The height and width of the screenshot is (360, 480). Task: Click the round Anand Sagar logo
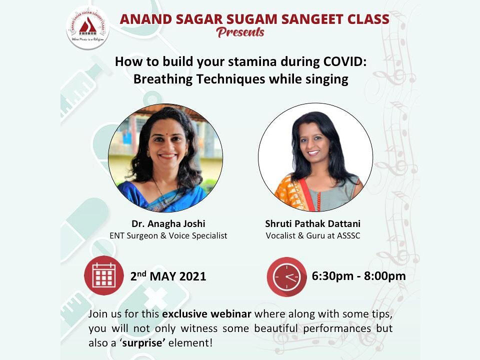click(x=88, y=28)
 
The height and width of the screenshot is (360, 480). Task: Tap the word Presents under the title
click(x=240, y=32)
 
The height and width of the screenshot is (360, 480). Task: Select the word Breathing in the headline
click(x=163, y=79)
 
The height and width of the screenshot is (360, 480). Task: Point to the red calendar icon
click(x=104, y=275)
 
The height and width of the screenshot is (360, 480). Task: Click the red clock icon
click(x=287, y=276)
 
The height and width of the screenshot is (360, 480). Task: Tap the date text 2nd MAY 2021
click(x=168, y=276)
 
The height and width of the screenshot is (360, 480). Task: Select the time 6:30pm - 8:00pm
click(x=358, y=276)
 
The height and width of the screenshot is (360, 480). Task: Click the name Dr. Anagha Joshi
click(x=168, y=224)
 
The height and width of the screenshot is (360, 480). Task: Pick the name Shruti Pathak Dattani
click(x=313, y=224)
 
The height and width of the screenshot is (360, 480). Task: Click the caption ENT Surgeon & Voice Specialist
click(x=168, y=235)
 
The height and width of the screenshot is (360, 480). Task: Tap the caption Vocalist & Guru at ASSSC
click(x=313, y=235)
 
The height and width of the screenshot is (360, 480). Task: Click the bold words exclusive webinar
click(x=206, y=314)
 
